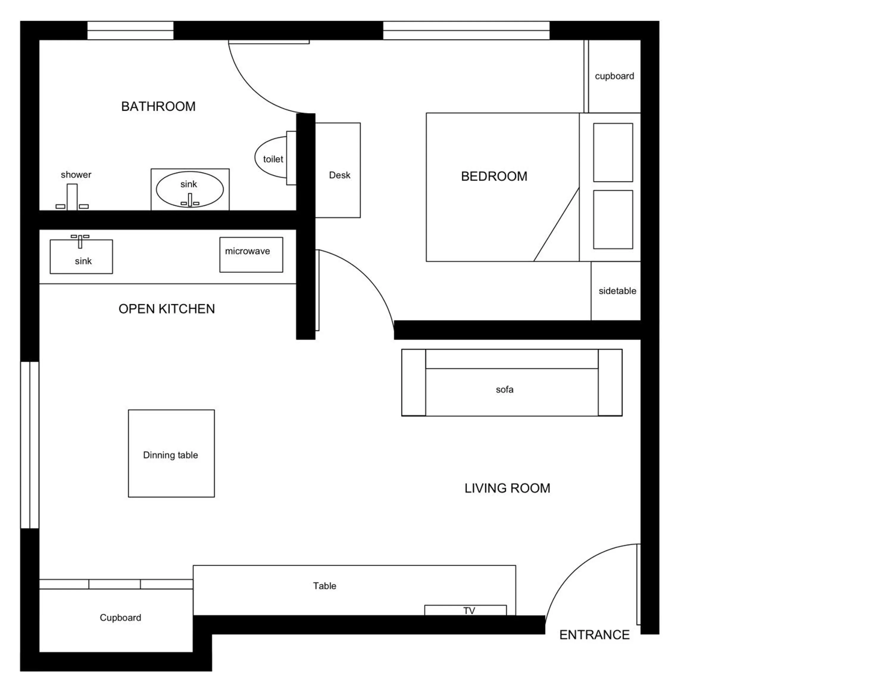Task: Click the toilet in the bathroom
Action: (271, 158)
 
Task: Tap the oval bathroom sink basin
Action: (190, 189)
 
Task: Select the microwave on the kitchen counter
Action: (251, 255)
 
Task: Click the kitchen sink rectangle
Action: (81, 257)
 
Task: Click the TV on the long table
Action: (465, 610)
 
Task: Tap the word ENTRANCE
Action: (594, 634)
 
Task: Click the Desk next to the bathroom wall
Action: (338, 170)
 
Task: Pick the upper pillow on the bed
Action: (613, 152)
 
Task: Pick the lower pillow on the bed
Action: (613, 219)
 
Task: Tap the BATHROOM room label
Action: (158, 106)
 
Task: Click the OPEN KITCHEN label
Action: (166, 309)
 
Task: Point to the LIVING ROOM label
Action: (507, 488)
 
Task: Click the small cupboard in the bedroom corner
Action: (614, 76)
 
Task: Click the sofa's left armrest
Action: (413, 382)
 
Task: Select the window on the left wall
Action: (30, 445)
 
